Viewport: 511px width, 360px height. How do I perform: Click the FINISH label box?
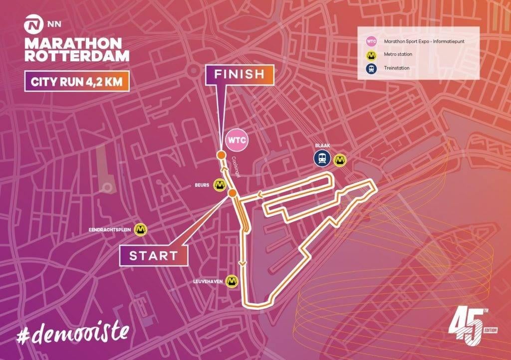[239, 75]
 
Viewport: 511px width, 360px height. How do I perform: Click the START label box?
[153, 256]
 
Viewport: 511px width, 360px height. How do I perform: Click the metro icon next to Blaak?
[340, 159]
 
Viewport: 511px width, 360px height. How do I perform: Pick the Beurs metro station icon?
[219, 184]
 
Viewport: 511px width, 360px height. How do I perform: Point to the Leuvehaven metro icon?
[231, 282]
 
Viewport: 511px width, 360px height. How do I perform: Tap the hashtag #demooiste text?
[73, 332]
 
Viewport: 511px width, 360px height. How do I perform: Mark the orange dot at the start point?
[232, 193]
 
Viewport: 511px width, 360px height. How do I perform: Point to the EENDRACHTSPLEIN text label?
[109, 230]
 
